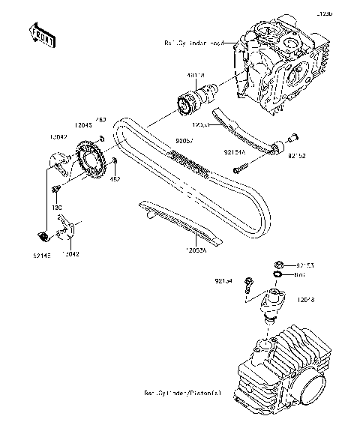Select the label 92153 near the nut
click(x=304, y=264)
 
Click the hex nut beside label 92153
click(x=277, y=264)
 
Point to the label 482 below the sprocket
click(x=115, y=179)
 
